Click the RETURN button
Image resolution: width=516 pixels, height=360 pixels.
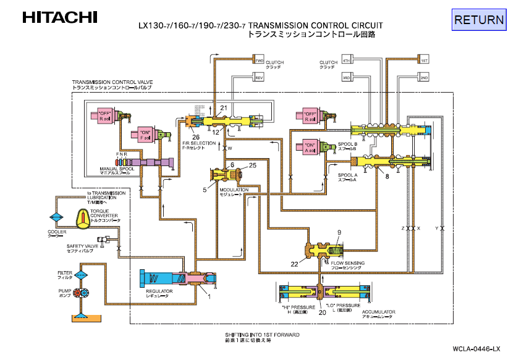point(479,20)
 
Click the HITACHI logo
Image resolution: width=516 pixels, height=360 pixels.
point(59,17)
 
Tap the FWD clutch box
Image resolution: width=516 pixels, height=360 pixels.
point(259,61)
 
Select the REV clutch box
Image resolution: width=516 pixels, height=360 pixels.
point(259,78)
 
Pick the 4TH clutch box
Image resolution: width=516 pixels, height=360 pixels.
point(347,61)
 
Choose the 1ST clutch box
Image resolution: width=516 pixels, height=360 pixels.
point(424,61)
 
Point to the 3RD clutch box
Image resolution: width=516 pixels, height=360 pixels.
point(347,78)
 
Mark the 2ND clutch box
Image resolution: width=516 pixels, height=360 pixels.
point(424,78)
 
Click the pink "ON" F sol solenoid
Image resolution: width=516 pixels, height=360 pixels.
point(145,135)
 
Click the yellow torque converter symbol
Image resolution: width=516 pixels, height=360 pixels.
point(84,217)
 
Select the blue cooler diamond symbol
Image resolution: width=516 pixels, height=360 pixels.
point(57,219)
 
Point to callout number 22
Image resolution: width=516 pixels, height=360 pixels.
point(295,264)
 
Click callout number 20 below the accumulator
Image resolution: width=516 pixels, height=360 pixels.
point(322,312)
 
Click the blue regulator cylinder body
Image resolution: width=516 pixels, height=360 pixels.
point(161,278)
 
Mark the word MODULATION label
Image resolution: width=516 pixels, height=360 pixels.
point(234,190)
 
